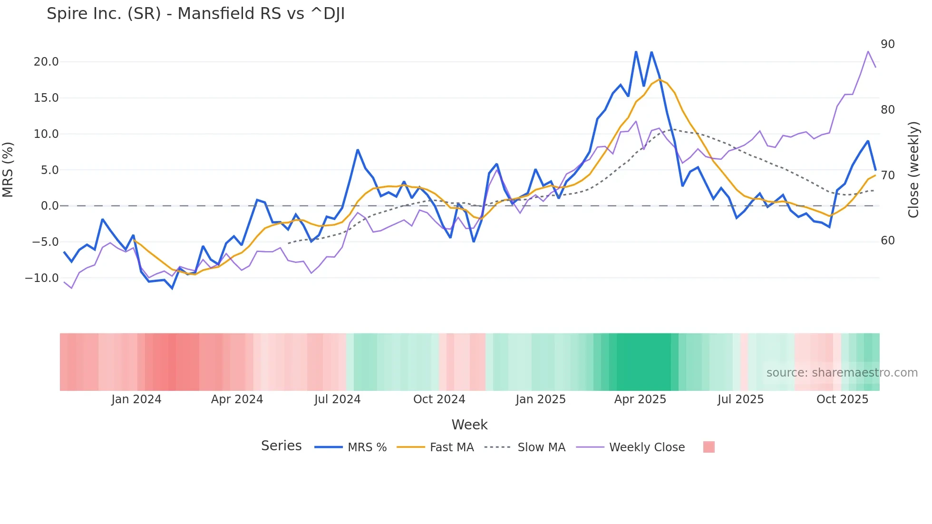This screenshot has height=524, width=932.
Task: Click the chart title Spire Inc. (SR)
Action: (195, 14)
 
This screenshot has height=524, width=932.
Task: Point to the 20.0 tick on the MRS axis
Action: (46, 62)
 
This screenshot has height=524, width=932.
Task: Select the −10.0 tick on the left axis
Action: (42, 278)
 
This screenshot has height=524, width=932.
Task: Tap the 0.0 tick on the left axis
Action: (49, 206)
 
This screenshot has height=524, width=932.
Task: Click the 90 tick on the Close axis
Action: (887, 44)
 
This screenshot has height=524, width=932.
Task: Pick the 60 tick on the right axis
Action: (887, 241)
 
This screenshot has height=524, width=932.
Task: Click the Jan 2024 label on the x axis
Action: (136, 399)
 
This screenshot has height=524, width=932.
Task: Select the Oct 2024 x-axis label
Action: (439, 399)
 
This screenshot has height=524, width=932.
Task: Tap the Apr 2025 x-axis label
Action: (640, 399)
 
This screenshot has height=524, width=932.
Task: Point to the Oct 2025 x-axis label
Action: (842, 399)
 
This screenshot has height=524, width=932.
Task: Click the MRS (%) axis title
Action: (8, 170)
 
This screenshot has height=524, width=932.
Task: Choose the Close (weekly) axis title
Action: (913, 170)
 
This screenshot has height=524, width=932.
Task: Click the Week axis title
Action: (469, 425)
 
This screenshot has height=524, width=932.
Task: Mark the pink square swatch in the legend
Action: (709, 447)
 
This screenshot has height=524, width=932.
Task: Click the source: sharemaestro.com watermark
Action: (842, 373)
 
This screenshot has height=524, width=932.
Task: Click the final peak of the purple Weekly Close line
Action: (868, 51)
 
